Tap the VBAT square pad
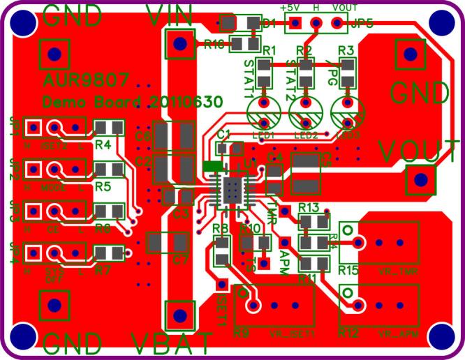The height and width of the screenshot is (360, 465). click(179, 315)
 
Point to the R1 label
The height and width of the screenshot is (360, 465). click(270, 50)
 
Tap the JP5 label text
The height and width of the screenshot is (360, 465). click(362, 23)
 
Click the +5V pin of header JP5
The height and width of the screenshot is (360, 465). click(295, 24)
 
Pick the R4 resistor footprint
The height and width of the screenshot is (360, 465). click(108, 127)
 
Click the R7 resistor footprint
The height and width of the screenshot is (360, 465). click(108, 253)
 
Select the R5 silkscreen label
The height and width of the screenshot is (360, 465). click(103, 186)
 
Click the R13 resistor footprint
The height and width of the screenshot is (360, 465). click(313, 221)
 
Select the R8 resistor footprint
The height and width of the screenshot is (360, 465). click(221, 251)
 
